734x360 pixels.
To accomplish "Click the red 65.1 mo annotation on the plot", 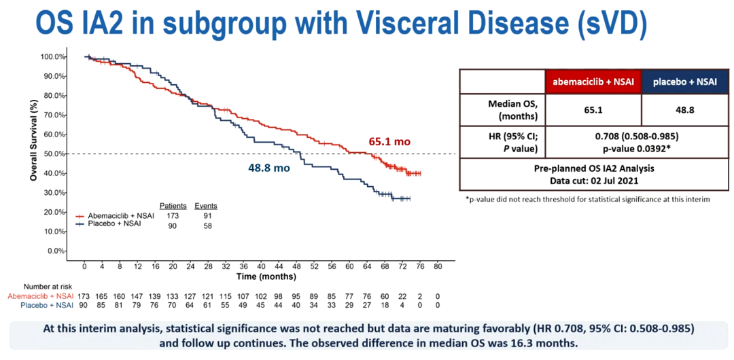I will (x=389, y=143).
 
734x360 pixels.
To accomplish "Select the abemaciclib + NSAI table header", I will (x=593, y=82).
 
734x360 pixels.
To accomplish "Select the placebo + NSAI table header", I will (x=684, y=82).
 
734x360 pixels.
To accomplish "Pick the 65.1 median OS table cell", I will (x=593, y=108).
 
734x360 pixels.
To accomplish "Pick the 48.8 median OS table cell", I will (x=684, y=108).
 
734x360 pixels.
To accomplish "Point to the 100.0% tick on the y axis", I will (x=52, y=56).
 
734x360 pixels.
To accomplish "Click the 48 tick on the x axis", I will (x=296, y=266).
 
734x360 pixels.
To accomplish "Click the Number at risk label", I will (x=38, y=287).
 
